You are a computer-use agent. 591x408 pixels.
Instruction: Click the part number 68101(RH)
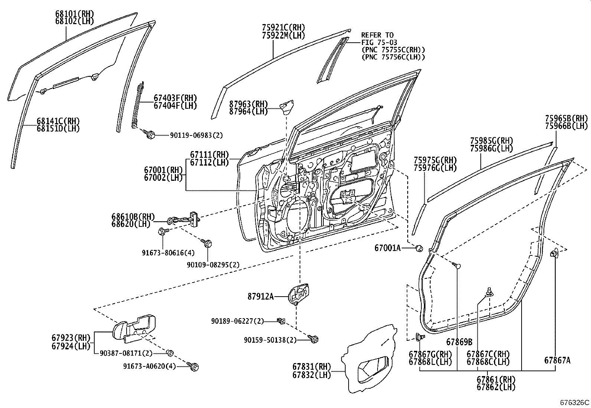tap(74, 14)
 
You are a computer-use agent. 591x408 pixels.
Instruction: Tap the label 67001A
tap(387, 248)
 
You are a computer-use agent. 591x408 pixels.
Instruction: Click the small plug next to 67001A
tap(418, 248)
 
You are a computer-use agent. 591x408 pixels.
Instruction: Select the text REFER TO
tap(377, 35)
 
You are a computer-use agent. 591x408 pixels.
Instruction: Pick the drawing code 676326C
tap(574, 402)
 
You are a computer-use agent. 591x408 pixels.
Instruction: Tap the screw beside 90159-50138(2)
tap(313, 339)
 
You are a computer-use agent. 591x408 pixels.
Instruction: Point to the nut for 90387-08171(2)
tap(170, 352)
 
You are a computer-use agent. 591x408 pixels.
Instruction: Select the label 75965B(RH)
tap(566, 118)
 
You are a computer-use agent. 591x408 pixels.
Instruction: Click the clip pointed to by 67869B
tap(457, 265)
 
